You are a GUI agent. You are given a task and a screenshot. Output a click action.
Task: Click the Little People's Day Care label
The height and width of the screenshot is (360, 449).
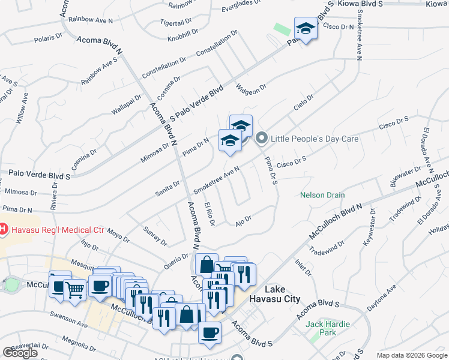(x=315, y=139)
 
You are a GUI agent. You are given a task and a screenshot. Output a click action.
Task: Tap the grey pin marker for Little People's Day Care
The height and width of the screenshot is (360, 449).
(x=261, y=139)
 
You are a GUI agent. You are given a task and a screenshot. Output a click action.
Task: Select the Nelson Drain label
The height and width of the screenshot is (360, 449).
(x=323, y=195)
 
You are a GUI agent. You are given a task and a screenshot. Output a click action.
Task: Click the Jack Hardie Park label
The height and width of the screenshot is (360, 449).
(x=328, y=328)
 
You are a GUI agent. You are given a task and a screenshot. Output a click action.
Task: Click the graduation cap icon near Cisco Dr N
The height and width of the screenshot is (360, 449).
(x=306, y=28)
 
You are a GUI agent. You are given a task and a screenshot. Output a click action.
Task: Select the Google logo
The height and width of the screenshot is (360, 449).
(x=20, y=353)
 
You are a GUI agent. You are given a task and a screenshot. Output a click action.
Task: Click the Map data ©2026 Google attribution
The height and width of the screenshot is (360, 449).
(x=412, y=355)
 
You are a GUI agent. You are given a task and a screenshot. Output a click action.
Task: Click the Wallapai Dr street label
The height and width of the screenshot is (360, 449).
(x=126, y=104)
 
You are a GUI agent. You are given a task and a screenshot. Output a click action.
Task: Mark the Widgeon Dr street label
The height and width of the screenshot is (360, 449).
(x=251, y=89)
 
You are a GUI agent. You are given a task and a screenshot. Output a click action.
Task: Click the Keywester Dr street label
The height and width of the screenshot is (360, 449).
(x=368, y=228)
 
